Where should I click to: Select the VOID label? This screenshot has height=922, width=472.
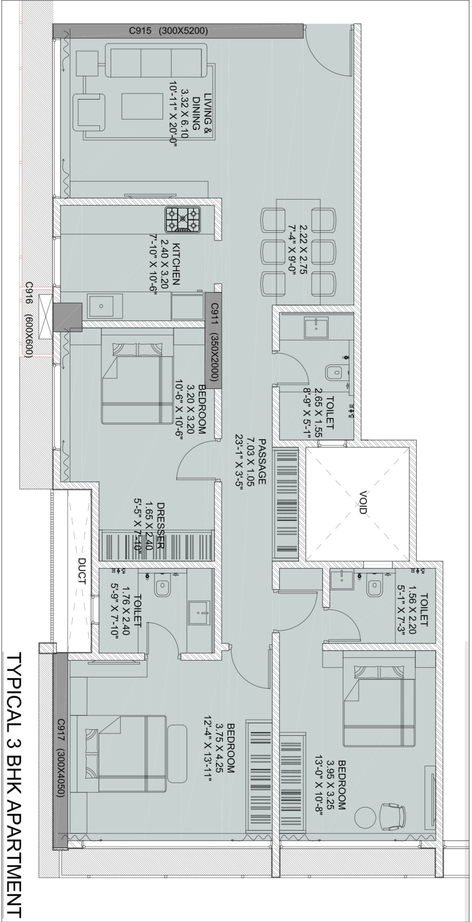(363, 502)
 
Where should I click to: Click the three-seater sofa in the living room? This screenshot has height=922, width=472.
(156, 60)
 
